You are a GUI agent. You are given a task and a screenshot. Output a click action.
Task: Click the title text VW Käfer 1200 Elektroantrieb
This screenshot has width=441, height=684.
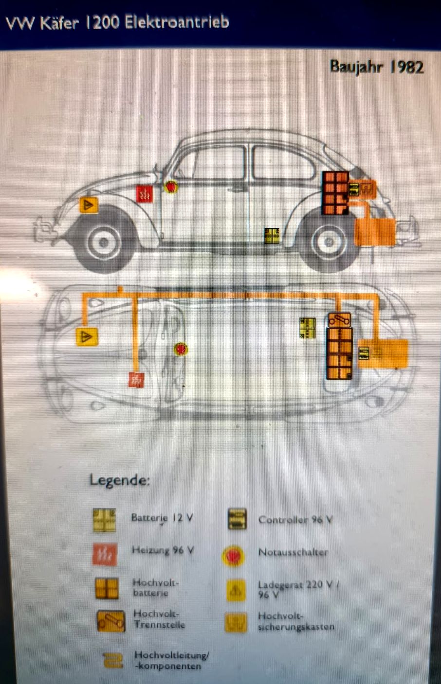[117, 22]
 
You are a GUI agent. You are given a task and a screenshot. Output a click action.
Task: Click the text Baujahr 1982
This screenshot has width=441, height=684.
[377, 67]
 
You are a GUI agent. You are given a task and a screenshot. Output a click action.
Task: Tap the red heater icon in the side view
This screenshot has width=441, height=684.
[145, 194]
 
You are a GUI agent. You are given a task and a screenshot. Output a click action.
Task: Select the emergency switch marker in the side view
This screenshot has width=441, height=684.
[171, 187]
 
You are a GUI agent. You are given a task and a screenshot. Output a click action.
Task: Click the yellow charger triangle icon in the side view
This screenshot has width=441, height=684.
[89, 205]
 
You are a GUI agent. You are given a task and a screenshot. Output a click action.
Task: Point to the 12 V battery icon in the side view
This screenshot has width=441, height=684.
[272, 236]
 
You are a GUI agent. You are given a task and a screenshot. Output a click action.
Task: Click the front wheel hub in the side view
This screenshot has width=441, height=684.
[104, 243]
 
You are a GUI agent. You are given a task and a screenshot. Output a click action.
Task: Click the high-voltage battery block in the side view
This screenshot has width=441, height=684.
[335, 193]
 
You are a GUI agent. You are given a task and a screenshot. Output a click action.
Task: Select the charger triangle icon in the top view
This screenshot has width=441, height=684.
[87, 337]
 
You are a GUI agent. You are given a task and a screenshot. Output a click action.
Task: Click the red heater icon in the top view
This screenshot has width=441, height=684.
[136, 380]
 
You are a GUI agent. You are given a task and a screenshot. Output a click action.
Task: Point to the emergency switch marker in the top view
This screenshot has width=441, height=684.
[181, 349]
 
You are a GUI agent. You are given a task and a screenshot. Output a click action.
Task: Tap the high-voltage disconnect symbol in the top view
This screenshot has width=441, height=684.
[340, 320]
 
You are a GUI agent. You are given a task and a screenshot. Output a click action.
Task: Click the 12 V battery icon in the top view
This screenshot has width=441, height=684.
[307, 328]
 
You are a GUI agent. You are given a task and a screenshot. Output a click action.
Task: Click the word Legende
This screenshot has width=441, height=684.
[120, 480]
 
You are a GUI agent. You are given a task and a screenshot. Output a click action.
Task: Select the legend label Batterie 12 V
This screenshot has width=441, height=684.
[162, 518]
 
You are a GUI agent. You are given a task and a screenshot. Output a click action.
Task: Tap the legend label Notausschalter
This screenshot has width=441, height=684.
[293, 552]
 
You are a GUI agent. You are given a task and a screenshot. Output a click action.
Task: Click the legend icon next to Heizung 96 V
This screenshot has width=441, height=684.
[105, 554]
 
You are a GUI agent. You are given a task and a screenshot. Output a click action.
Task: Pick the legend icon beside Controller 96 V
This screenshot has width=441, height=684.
[238, 519]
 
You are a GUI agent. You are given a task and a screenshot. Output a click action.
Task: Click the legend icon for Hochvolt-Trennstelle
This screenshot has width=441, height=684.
[111, 621]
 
